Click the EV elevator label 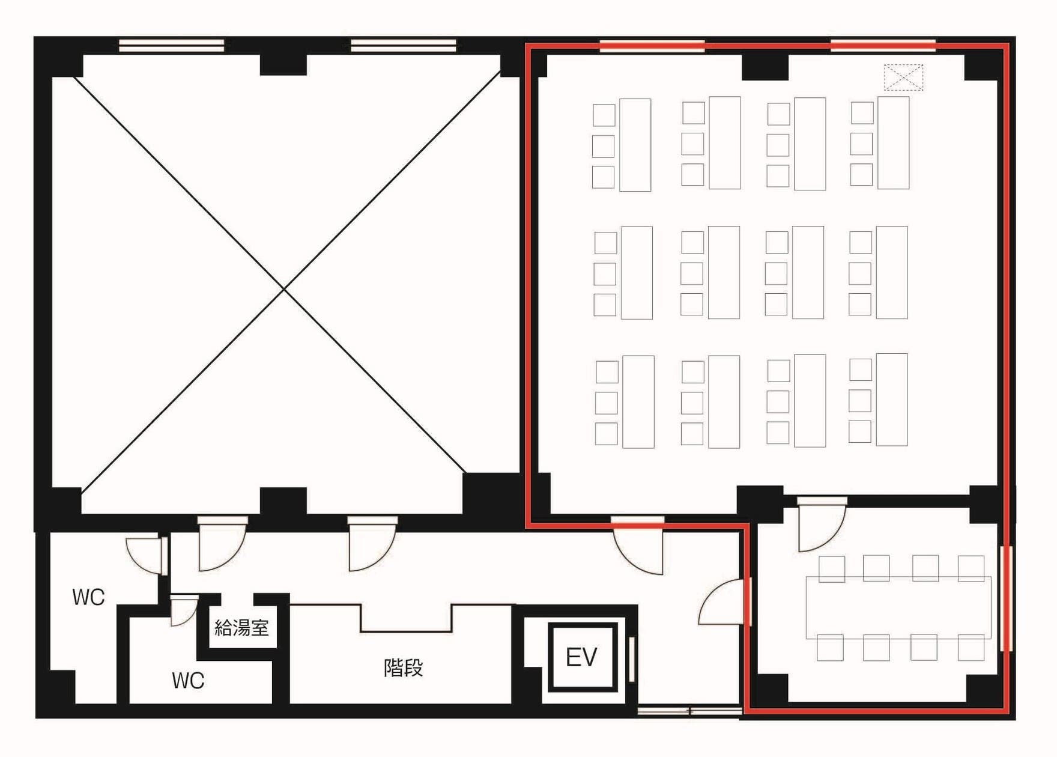581,657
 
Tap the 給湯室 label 241,628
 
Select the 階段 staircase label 404,667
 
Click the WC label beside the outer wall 88,597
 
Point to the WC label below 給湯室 188,680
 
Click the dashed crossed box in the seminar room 903,78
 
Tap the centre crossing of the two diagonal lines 285,290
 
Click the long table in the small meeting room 898,607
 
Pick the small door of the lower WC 184,610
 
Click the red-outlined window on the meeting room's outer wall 1007,598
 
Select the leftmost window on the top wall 172,46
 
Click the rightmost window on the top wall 883,46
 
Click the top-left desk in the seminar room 635,145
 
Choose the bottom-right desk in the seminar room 891,400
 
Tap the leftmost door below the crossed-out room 222,543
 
